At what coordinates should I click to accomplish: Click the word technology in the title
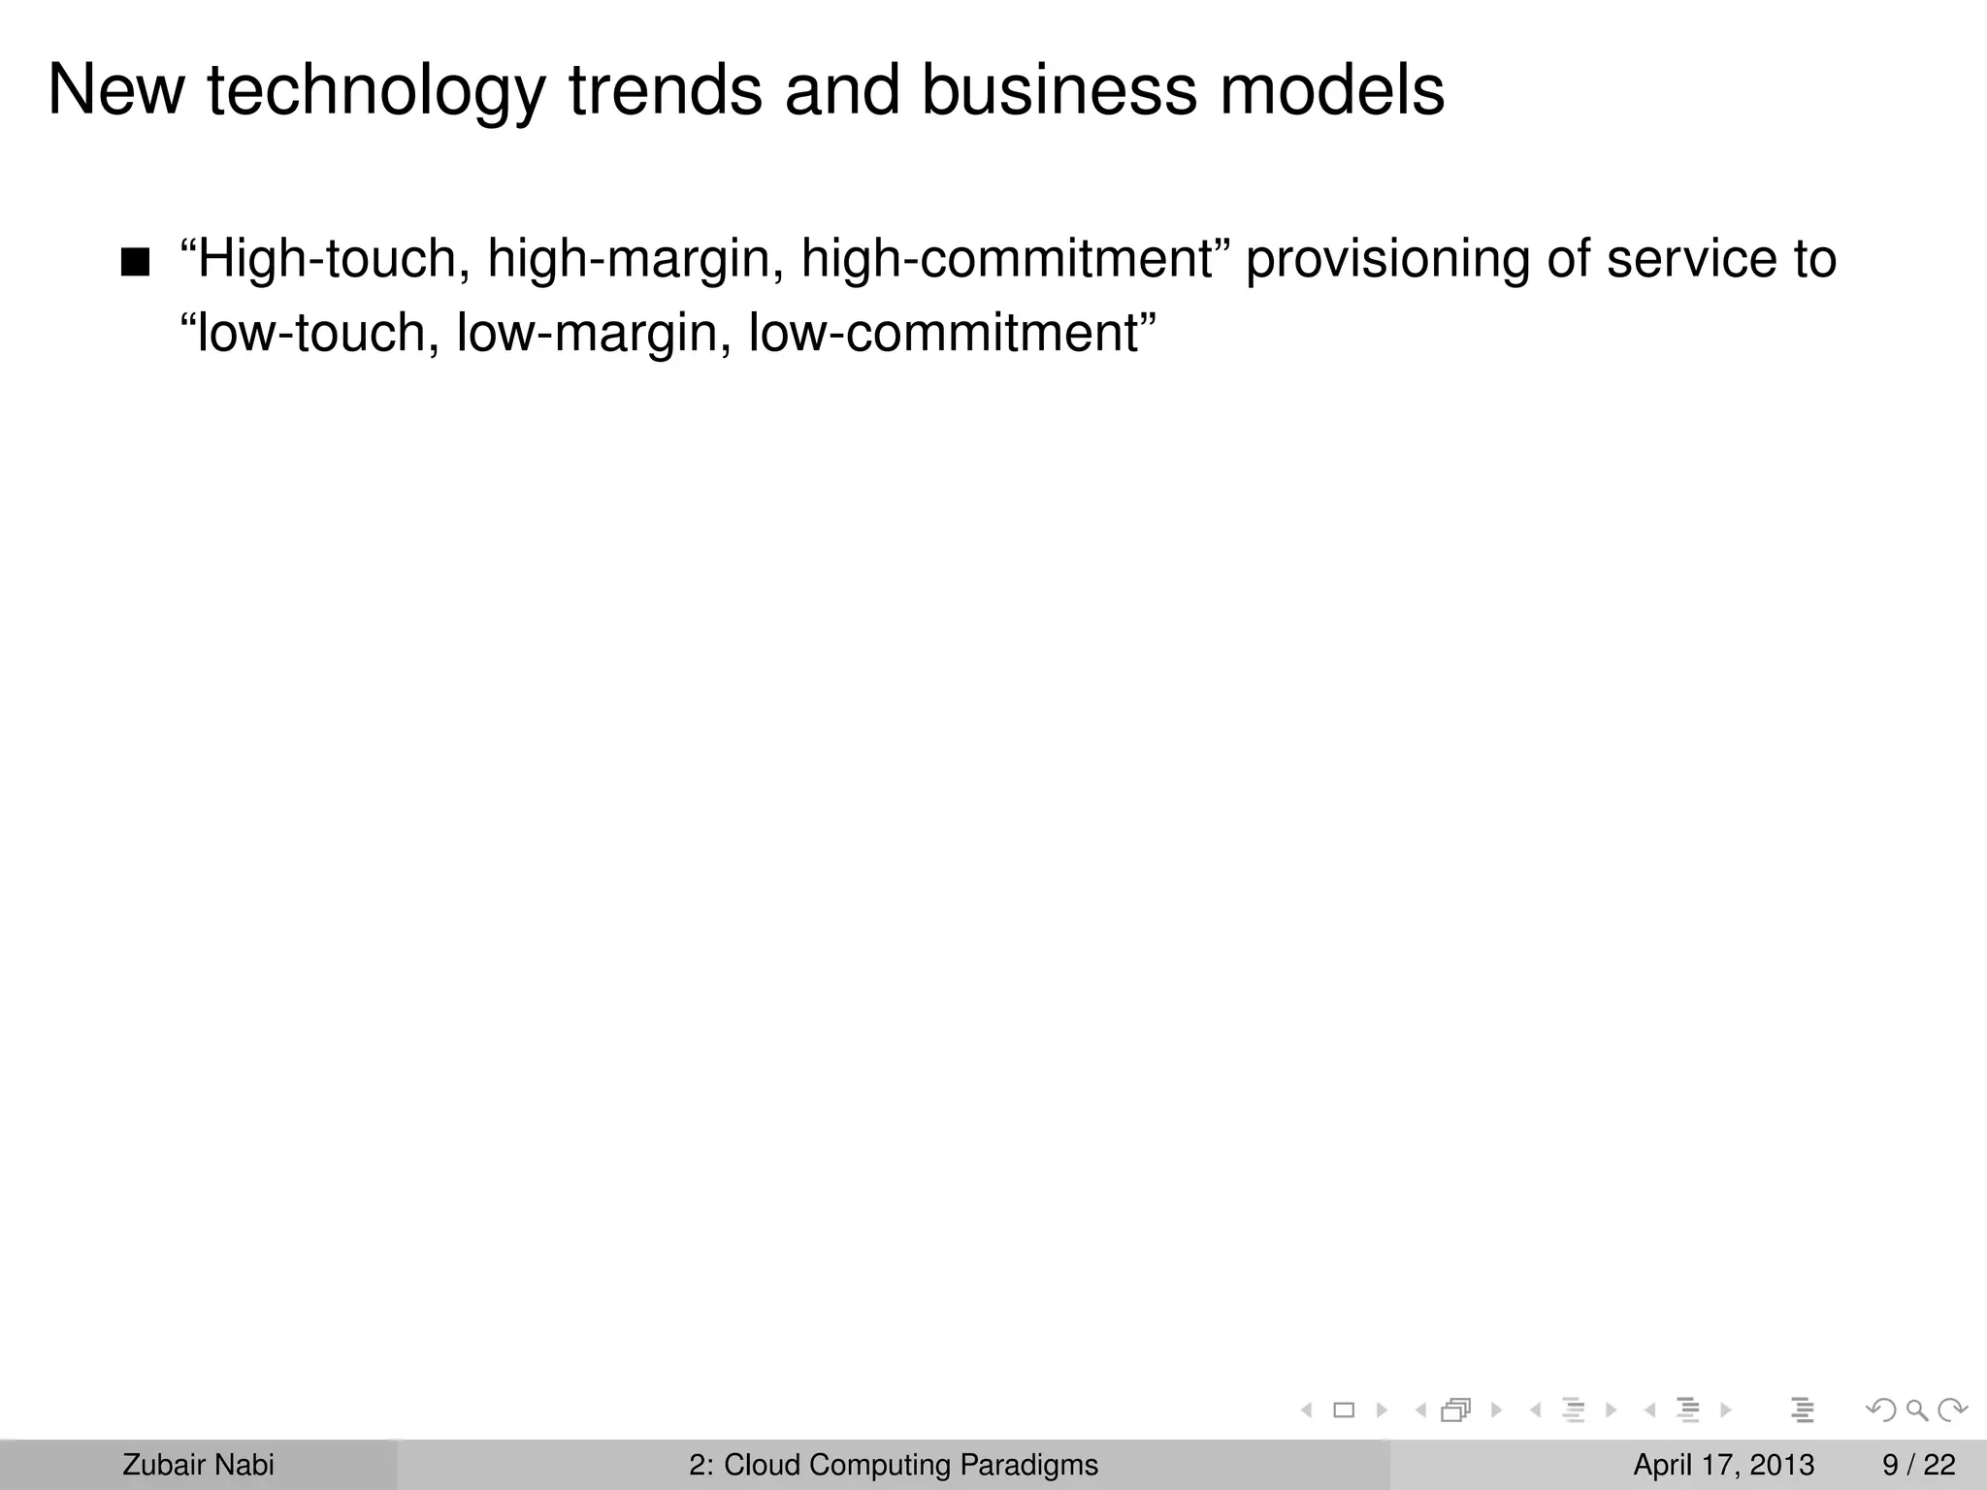tap(376, 93)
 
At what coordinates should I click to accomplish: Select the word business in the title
tap(1059, 91)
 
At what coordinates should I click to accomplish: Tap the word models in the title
tap(1331, 91)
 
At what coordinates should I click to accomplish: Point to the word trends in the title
tap(665, 91)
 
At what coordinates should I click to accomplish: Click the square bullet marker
tap(136, 263)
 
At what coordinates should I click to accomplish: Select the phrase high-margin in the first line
tap(635, 260)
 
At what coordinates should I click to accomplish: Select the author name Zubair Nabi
tap(198, 1465)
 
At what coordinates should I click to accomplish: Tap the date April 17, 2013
tap(1723, 1465)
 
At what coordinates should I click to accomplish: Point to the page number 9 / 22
tap(1919, 1465)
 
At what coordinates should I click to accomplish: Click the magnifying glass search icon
tap(1916, 1409)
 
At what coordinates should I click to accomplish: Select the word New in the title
tap(115, 91)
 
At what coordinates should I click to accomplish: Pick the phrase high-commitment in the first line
tap(1009, 260)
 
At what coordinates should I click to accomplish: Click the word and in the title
tap(842, 91)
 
